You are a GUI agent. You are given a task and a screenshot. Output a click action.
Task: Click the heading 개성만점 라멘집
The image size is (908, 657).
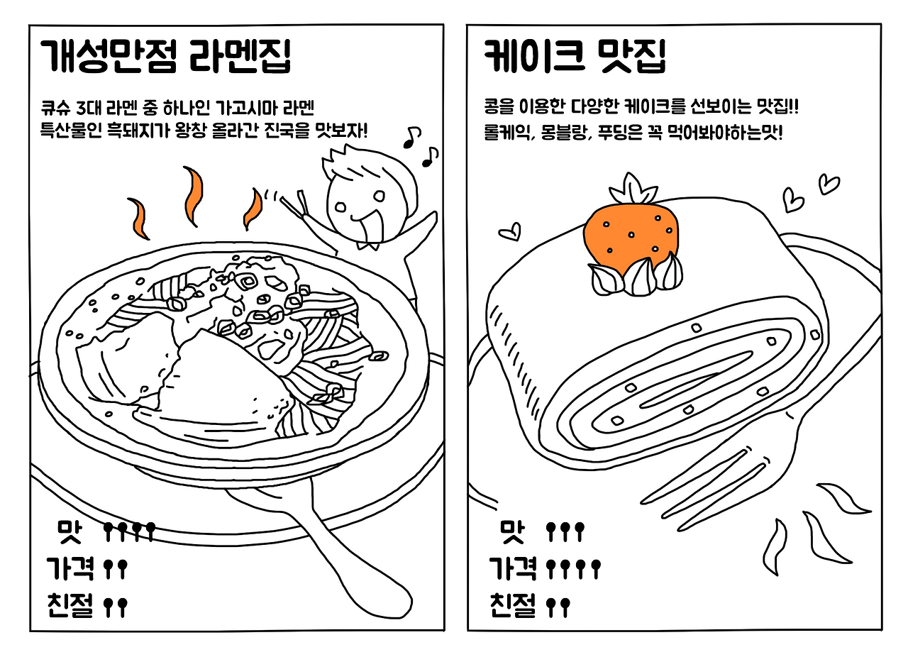(166, 57)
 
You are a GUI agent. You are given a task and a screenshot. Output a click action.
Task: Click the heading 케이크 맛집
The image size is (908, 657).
(575, 57)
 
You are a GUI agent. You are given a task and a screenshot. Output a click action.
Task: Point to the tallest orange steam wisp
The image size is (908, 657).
(193, 197)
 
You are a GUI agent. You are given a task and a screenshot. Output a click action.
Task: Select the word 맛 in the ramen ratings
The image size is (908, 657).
(70, 532)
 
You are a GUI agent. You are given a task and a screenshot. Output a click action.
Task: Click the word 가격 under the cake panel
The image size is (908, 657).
(512, 568)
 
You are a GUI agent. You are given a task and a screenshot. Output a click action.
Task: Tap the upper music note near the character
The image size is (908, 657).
(413, 137)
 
